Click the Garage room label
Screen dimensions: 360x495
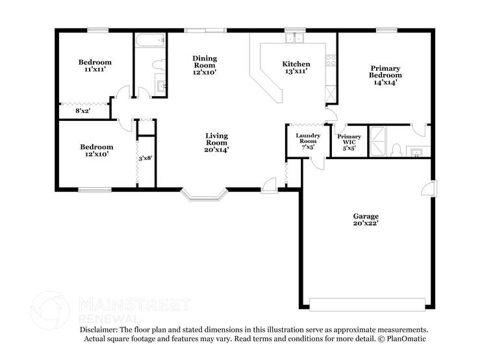click(x=366, y=219)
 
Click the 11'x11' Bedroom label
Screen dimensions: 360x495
click(x=95, y=66)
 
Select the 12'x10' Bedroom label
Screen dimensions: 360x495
click(x=96, y=150)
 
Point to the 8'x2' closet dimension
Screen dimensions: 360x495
click(x=82, y=111)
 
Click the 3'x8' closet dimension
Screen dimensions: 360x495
click(x=146, y=158)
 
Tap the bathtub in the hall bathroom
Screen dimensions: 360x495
click(x=151, y=40)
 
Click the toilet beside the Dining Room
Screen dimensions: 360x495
click(x=157, y=64)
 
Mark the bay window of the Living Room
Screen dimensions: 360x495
click(x=204, y=193)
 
